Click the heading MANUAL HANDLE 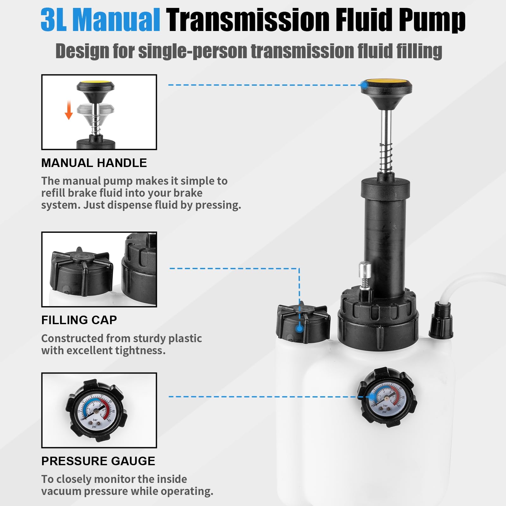pyautogui.click(x=94, y=163)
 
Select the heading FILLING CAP pyautogui.click(x=79, y=320)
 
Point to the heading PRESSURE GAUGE pyautogui.click(x=98, y=461)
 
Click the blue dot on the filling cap pyautogui.click(x=299, y=329)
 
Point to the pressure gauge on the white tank pyautogui.click(x=386, y=397)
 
